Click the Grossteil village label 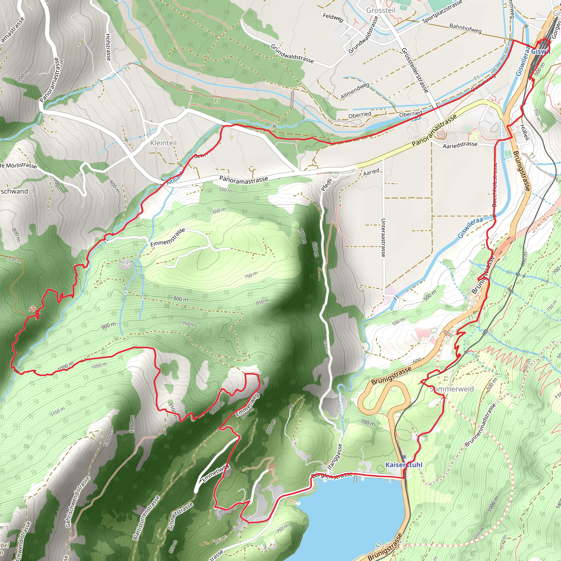tap(381, 10)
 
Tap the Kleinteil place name tap(163, 143)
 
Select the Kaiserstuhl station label tap(403, 465)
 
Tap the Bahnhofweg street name tap(465, 28)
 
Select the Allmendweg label tap(355, 91)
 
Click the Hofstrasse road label tap(108, 47)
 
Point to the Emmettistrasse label tap(168, 237)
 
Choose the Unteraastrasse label tap(383, 237)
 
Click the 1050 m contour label tap(99, 366)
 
